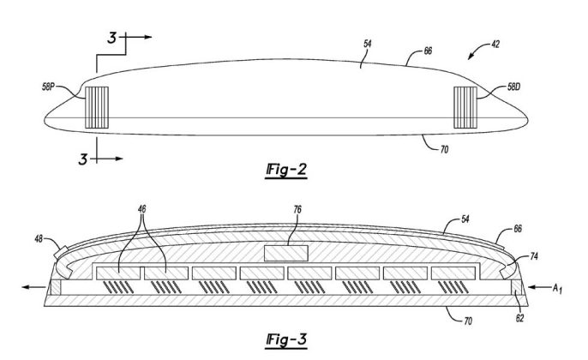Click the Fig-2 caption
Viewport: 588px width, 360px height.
[x=289, y=168]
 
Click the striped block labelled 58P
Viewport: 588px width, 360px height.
[x=94, y=108]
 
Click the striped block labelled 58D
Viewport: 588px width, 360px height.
[x=465, y=105]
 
